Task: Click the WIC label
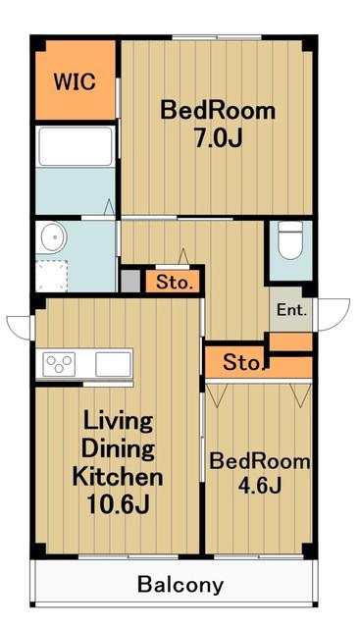click(75, 81)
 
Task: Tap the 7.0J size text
click(219, 138)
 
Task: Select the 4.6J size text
click(260, 486)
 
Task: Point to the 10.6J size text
click(118, 504)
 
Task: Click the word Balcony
click(180, 585)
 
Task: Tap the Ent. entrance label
click(292, 310)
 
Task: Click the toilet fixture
click(290, 239)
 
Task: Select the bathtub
click(76, 146)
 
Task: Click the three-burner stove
click(59, 364)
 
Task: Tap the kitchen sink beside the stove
click(113, 364)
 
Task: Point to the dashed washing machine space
click(51, 276)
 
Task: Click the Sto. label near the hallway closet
click(172, 283)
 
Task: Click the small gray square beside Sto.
click(130, 282)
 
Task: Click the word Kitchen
click(118, 476)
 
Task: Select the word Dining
click(118, 448)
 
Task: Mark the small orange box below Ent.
click(290, 342)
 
